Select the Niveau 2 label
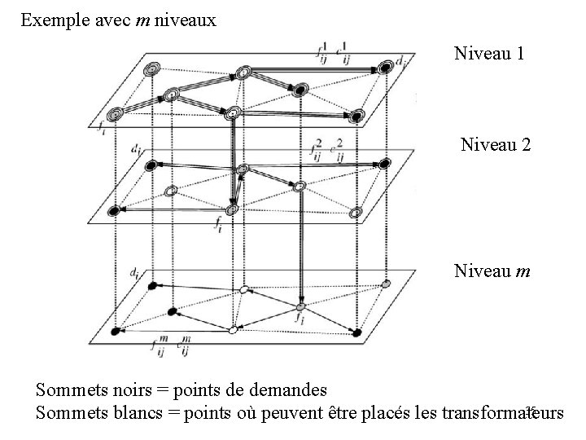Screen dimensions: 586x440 (496, 145)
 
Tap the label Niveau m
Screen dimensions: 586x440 (492, 269)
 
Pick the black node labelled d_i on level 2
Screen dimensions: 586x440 (150, 166)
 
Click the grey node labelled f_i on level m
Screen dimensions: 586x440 (300, 307)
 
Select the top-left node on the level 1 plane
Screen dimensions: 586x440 (151, 70)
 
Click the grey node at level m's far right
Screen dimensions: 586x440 (387, 284)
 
